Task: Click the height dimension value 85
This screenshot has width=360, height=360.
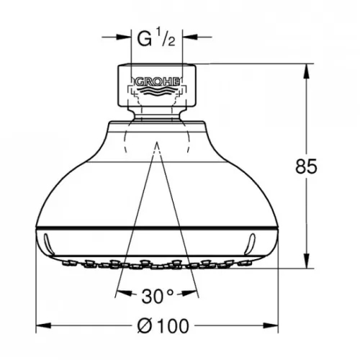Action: click(x=307, y=167)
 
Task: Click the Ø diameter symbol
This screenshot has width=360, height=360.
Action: click(x=145, y=326)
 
